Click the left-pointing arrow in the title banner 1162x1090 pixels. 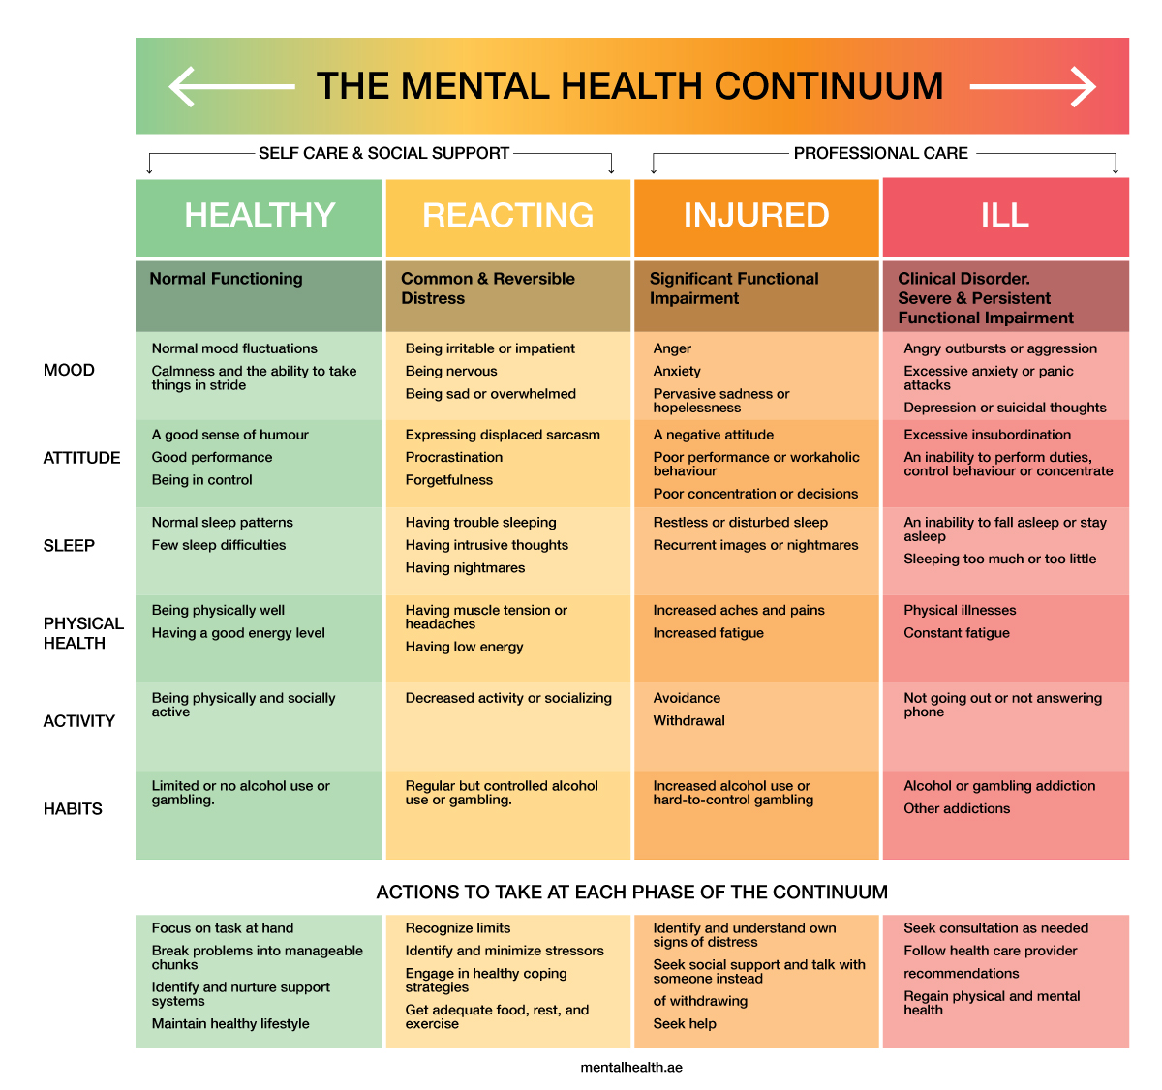[x=231, y=86]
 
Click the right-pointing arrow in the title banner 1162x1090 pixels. [x=1032, y=86]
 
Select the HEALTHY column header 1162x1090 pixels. [x=260, y=215]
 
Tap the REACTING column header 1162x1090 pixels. [x=508, y=215]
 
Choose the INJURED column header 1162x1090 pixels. [x=756, y=215]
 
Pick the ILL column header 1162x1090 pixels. [x=1005, y=215]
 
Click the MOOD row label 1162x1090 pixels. [x=69, y=370]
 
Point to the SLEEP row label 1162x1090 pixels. [x=69, y=546]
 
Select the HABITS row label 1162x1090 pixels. [x=73, y=809]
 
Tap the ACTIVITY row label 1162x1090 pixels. [x=79, y=721]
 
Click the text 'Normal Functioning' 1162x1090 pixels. [x=226, y=279]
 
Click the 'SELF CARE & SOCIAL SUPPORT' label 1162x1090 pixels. [x=383, y=153]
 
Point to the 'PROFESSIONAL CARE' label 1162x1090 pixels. [x=880, y=153]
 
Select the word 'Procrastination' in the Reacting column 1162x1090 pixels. [x=454, y=457]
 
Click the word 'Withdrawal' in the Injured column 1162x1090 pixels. [x=688, y=721]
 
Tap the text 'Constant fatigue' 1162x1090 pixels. [x=957, y=633]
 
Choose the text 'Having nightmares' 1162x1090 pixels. [x=465, y=568]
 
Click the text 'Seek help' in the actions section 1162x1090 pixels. [x=685, y=1024]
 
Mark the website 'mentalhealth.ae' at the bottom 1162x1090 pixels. [x=631, y=1068]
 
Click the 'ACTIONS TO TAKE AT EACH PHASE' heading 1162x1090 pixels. [x=631, y=893]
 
